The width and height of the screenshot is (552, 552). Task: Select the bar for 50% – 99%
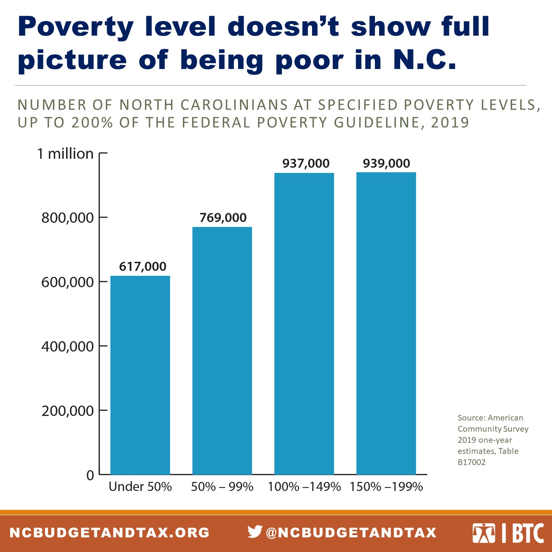click(222, 350)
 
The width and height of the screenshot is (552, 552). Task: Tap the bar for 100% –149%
click(304, 324)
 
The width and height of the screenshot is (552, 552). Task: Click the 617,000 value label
click(143, 266)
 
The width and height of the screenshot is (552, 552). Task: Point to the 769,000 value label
click(223, 218)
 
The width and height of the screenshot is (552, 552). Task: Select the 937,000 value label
click(306, 164)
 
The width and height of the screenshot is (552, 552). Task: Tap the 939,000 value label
click(386, 163)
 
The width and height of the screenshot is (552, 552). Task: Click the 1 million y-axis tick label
click(65, 154)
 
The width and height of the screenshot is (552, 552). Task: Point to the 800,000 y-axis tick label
click(67, 218)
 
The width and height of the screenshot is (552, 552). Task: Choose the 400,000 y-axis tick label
click(67, 347)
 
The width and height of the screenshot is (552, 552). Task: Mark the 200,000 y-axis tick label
click(67, 411)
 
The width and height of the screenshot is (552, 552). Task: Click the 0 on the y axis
click(90, 475)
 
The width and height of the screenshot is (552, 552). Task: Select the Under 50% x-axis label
click(140, 486)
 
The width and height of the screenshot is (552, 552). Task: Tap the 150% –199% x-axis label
click(386, 486)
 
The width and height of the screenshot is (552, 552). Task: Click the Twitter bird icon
click(255, 532)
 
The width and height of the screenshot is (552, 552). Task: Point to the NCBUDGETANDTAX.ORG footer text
click(110, 532)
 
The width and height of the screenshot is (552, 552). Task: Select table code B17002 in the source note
click(472, 462)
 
